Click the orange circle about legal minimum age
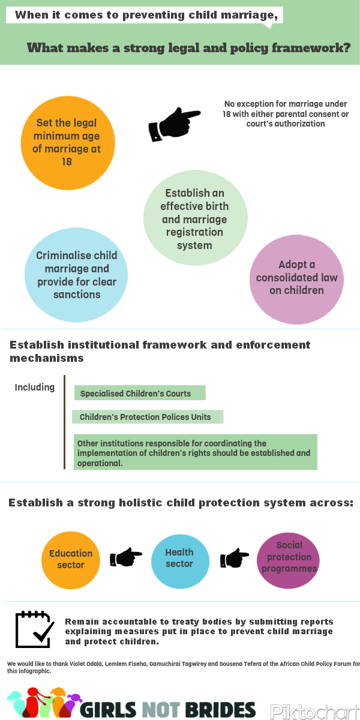tap(68, 143)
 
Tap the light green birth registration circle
tap(196, 218)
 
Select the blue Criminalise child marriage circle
tap(76, 275)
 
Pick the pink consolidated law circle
tap(296, 280)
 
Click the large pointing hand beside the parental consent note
tap(174, 124)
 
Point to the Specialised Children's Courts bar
tap(140, 393)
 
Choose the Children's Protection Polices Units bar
tap(148, 416)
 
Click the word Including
tap(34, 388)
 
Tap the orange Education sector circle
tap(71, 560)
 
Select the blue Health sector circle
tap(181, 561)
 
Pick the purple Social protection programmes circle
tap(289, 560)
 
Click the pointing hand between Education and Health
tap(125, 557)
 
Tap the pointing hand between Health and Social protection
tap(235, 557)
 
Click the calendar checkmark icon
tap(35, 629)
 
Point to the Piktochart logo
tap(314, 711)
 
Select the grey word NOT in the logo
tap(161, 709)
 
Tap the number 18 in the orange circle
tap(67, 161)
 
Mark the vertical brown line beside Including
tap(65, 422)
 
